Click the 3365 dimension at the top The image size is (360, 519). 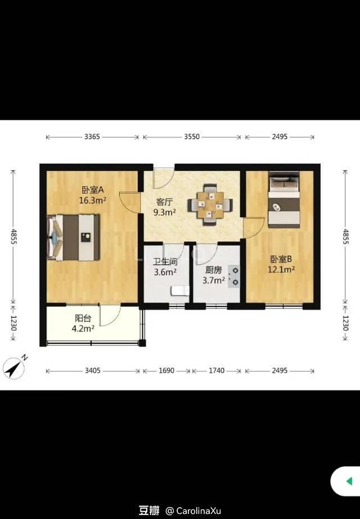(x=92, y=137)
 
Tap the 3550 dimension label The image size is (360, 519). (x=192, y=137)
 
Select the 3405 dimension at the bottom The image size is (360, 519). (x=93, y=371)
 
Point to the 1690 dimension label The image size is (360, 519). (x=166, y=371)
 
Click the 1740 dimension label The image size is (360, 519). (x=217, y=371)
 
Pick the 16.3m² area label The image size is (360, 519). (x=92, y=200)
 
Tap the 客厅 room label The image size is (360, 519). (x=164, y=202)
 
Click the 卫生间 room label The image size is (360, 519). (x=165, y=262)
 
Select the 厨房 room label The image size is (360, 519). (x=214, y=270)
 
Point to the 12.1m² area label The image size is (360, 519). (x=281, y=270)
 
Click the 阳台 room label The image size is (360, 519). (x=83, y=318)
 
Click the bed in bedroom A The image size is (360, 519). (x=74, y=237)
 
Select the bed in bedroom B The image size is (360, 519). (x=284, y=200)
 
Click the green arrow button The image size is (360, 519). (x=349, y=481)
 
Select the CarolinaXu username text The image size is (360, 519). (x=199, y=511)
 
